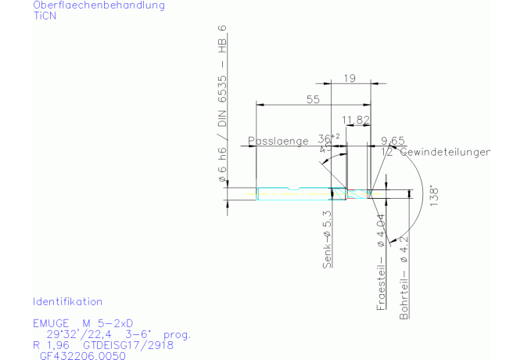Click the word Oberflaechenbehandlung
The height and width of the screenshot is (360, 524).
99,5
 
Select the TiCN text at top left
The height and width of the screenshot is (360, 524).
45,16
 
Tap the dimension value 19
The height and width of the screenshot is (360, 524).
350,77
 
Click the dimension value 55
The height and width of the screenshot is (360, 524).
314,99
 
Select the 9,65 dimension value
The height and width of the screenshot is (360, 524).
392,140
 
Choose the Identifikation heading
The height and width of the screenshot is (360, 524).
67,301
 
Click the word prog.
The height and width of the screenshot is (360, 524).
177,334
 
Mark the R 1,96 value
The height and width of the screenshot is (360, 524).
50,344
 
